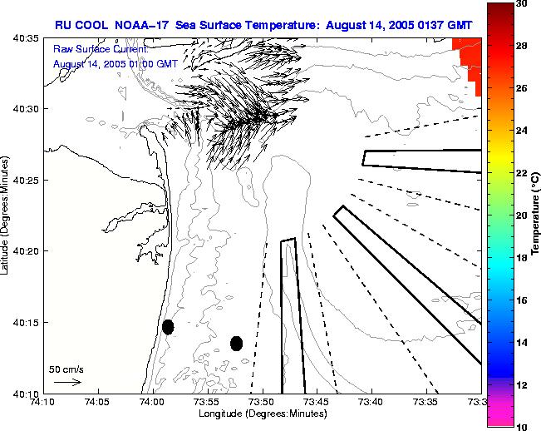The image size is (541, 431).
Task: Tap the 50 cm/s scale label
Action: pyautogui.click(x=66, y=369)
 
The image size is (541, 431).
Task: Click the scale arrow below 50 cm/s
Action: pyautogui.click(x=67, y=382)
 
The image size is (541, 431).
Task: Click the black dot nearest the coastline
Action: pyautogui.click(x=168, y=326)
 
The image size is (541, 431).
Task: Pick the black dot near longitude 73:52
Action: pyautogui.click(x=236, y=343)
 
